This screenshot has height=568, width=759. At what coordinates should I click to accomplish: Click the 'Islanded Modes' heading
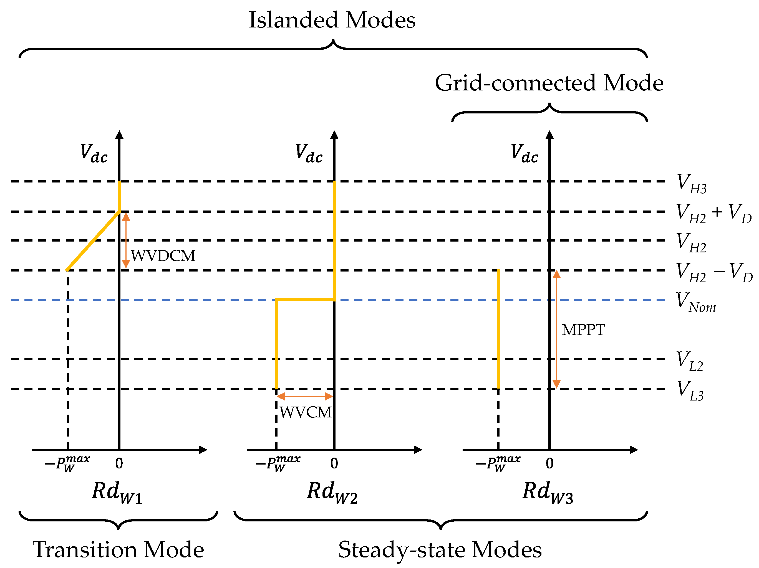click(x=332, y=20)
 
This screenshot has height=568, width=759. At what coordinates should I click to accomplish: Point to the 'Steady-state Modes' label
click(x=440, y=549)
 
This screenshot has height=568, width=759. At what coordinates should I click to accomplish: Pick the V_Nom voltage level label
click(x=695, y=302)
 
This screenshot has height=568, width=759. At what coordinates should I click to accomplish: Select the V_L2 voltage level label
click(x=690, y=361)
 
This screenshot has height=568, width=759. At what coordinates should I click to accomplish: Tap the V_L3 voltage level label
click(x=690, y=391)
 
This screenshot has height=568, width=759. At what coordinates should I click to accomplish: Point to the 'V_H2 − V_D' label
click(x=714, y=272)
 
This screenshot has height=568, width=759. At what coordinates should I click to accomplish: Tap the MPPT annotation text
click(x=583, y=330)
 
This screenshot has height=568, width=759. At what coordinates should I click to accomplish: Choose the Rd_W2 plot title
click(x=332, y=492)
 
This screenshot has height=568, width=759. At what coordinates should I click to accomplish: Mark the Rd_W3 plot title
click(x=548, y=492)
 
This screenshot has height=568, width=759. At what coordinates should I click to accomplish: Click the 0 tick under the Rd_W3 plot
click(x=550, y=463)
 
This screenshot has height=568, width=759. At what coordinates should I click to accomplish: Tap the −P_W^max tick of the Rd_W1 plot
click(x=68, y=464)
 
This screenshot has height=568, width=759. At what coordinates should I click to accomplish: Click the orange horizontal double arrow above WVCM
click(x=305, y=397)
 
